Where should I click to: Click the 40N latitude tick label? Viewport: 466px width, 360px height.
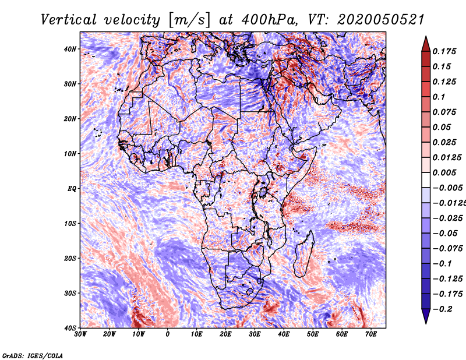(x=70, y=49)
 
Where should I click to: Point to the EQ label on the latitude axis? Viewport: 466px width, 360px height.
(x=72, y=189)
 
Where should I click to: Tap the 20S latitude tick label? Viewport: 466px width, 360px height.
(x=70, y=258)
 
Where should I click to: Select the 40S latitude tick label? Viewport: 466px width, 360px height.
(x=70, y=328)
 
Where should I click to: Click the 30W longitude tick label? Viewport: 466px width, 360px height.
(x=80, y=334)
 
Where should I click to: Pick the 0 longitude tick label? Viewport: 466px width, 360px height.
(x=168, y=334)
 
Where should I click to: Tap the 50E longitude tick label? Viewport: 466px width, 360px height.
(x=313, y=334)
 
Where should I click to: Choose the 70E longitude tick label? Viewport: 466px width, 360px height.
(x=371, y=334)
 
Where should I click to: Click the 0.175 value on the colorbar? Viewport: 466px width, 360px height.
(x=444, y=51)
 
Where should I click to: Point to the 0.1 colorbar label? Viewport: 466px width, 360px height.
(x=439, y=97)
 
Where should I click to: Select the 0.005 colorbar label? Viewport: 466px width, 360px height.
(x=444, y=172)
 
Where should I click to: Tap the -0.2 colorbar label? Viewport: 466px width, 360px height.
(x=442, y=309)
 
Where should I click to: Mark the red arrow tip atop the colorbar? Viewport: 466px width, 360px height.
(x=426, y=37)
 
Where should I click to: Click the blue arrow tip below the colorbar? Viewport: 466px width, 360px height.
(x=426, y=323)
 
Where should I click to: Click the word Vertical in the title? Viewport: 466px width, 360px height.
(x=69, y=20)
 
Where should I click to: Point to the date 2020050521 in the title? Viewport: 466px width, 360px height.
(x=380, y=20)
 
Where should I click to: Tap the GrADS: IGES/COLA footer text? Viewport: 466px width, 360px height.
(x=33, y=355)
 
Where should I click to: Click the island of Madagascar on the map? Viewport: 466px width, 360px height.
(x=304, y=253)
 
